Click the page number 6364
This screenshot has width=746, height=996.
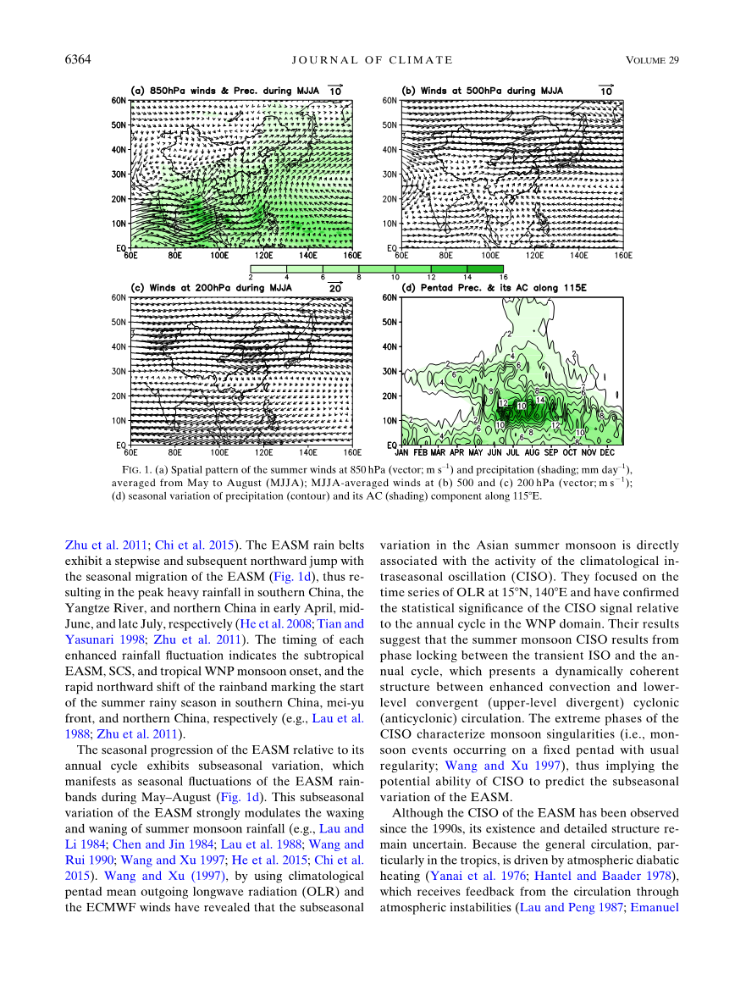78,59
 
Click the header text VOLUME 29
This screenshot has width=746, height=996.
653,59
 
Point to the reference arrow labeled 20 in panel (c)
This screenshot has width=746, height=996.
335,288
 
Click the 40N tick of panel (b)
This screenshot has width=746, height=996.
389,150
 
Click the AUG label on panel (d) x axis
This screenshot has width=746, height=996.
532,452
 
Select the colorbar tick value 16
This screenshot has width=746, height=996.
503,277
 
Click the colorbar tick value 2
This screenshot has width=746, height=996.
251,277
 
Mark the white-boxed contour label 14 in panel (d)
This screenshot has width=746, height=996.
539,399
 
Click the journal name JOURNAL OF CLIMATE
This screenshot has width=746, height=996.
372,59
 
